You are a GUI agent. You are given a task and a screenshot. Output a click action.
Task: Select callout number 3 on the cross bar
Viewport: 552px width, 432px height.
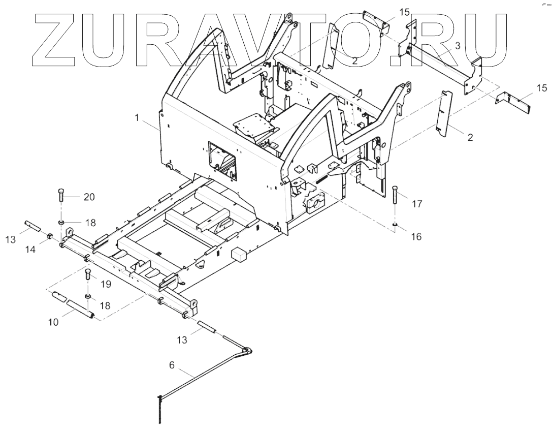(x=458, y=46)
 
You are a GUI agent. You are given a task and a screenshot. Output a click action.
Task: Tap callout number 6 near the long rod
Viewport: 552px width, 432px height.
(x=172, y=364)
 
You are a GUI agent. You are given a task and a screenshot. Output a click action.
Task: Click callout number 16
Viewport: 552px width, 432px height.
(x=417, y=236)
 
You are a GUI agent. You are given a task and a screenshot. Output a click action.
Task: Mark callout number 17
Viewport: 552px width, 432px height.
(x=417, y=205)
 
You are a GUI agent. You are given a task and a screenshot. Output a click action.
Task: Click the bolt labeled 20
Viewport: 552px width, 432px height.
(x=61, y=195)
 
